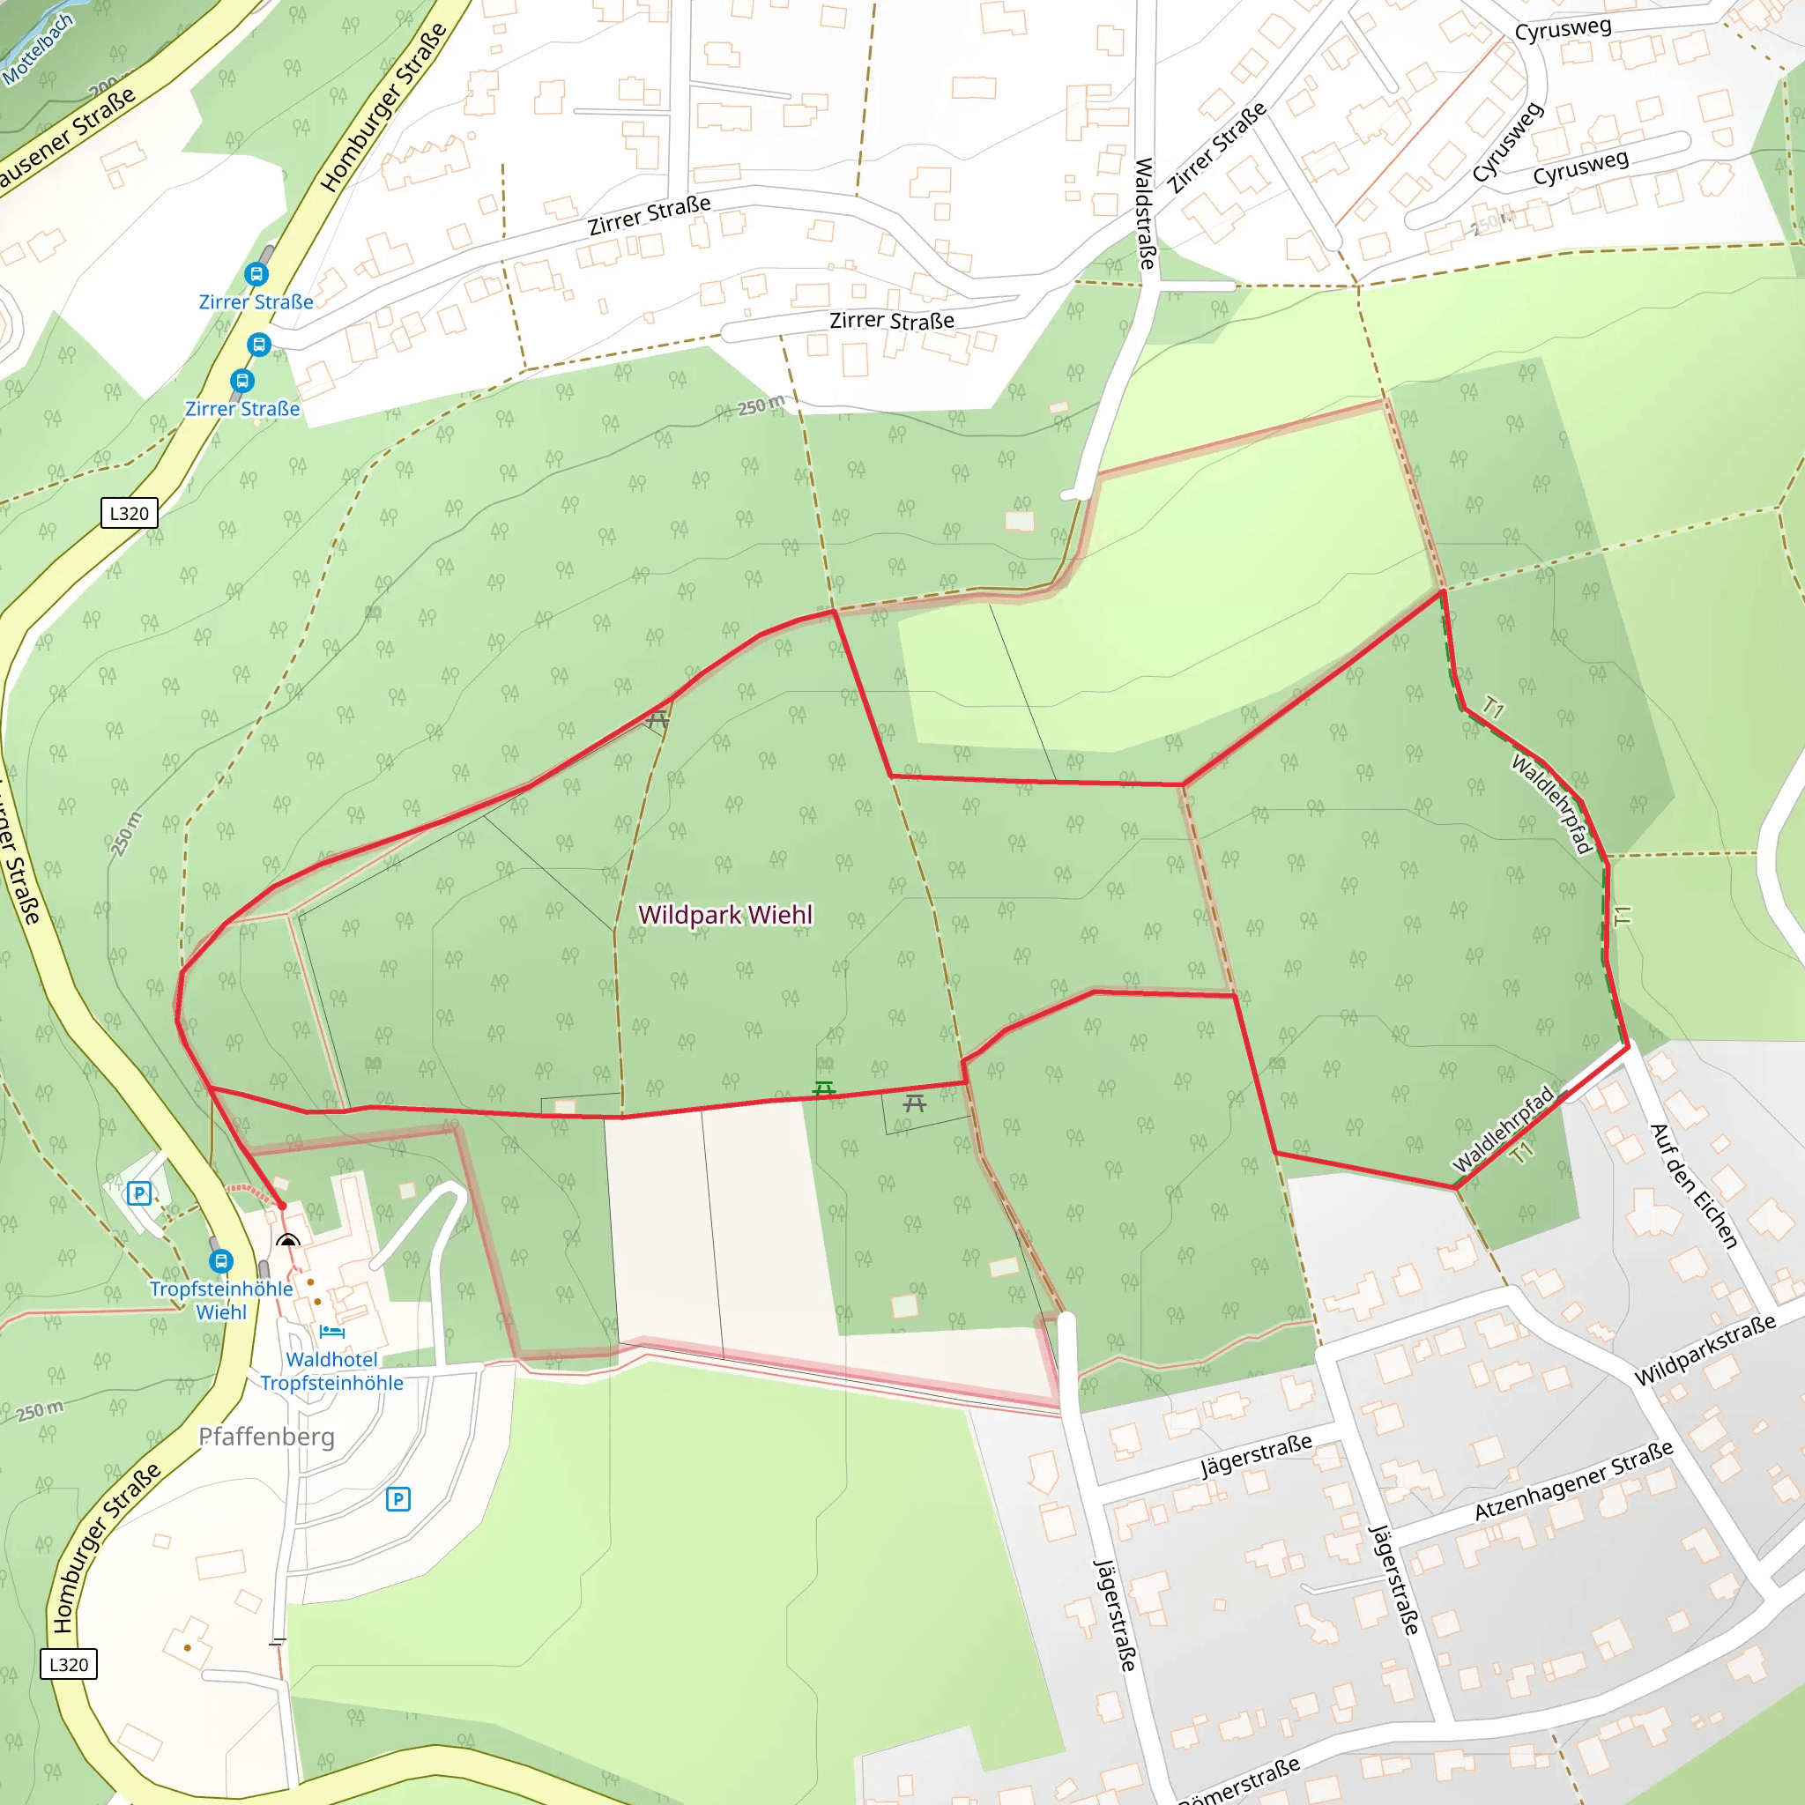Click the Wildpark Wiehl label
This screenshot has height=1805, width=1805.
[x=725, y=915]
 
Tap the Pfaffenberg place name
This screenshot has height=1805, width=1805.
[x=266, y=1436]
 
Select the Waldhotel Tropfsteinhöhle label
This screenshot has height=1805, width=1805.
[x=331, y=1371]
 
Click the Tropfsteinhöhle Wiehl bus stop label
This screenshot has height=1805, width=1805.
[x=221, y=1300]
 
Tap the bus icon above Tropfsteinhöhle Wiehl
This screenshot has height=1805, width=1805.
[x=220, y=1261]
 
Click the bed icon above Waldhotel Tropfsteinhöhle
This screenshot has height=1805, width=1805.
[x=331, y=1332]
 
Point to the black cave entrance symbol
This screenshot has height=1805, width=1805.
[x=287, y=1240]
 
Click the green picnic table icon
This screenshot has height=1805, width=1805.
[x=823, y=1089]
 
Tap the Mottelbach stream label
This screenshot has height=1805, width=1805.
[x=37, y=49]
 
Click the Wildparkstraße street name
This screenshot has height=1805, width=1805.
[x=1705, y=1350]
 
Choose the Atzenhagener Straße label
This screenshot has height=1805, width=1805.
[x=1573, y=1480]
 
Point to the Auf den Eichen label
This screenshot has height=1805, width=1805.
[x=1694, y=1186]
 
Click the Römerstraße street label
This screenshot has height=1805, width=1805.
[x=1238, y=1780]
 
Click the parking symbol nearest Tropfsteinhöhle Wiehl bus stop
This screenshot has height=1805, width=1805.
[x=139, y=1193]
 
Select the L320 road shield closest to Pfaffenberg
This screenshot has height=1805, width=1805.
[x=68, y=1664]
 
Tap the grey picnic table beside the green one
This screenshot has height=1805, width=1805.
[x=914, y=1104]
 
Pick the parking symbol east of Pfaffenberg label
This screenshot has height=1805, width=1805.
[x=398, y=1499]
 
